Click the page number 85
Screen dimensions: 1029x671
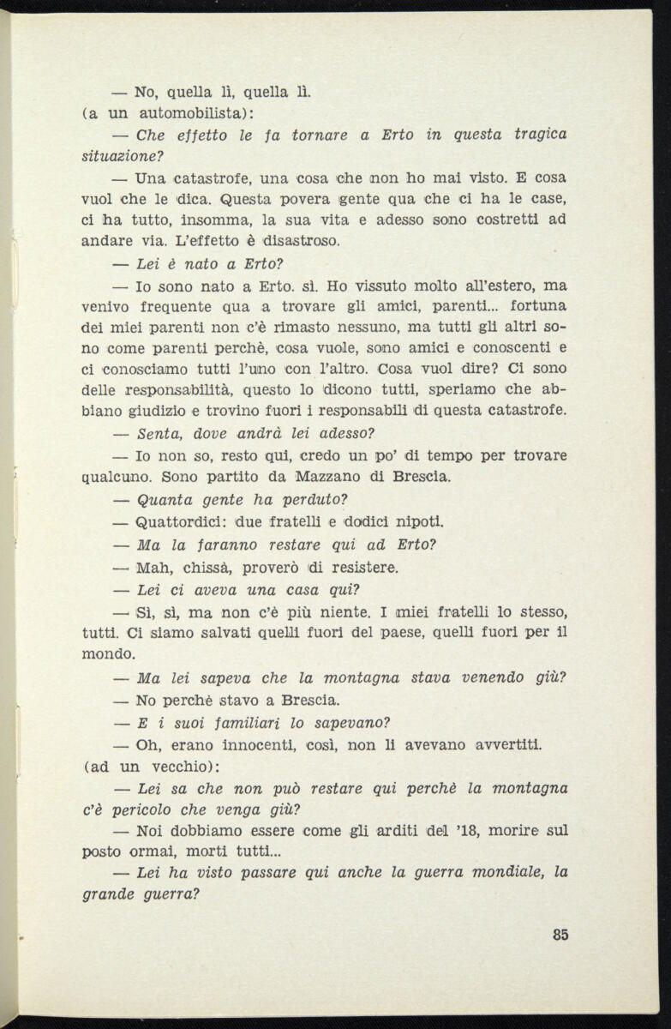click(x=560, y=935)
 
